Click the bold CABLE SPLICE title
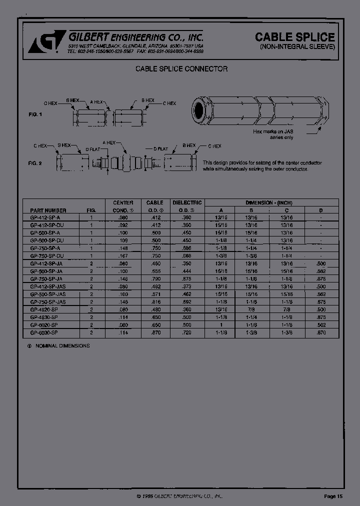295,37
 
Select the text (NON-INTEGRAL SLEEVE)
297,47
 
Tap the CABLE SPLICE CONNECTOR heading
181,68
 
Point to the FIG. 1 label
35,114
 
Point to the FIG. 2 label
35,163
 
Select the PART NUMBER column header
48,210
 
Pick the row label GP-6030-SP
44,332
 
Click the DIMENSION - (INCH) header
268,202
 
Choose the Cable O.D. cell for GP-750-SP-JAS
154,302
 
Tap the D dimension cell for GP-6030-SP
320,332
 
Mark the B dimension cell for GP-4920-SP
251,310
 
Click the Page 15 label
333,496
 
